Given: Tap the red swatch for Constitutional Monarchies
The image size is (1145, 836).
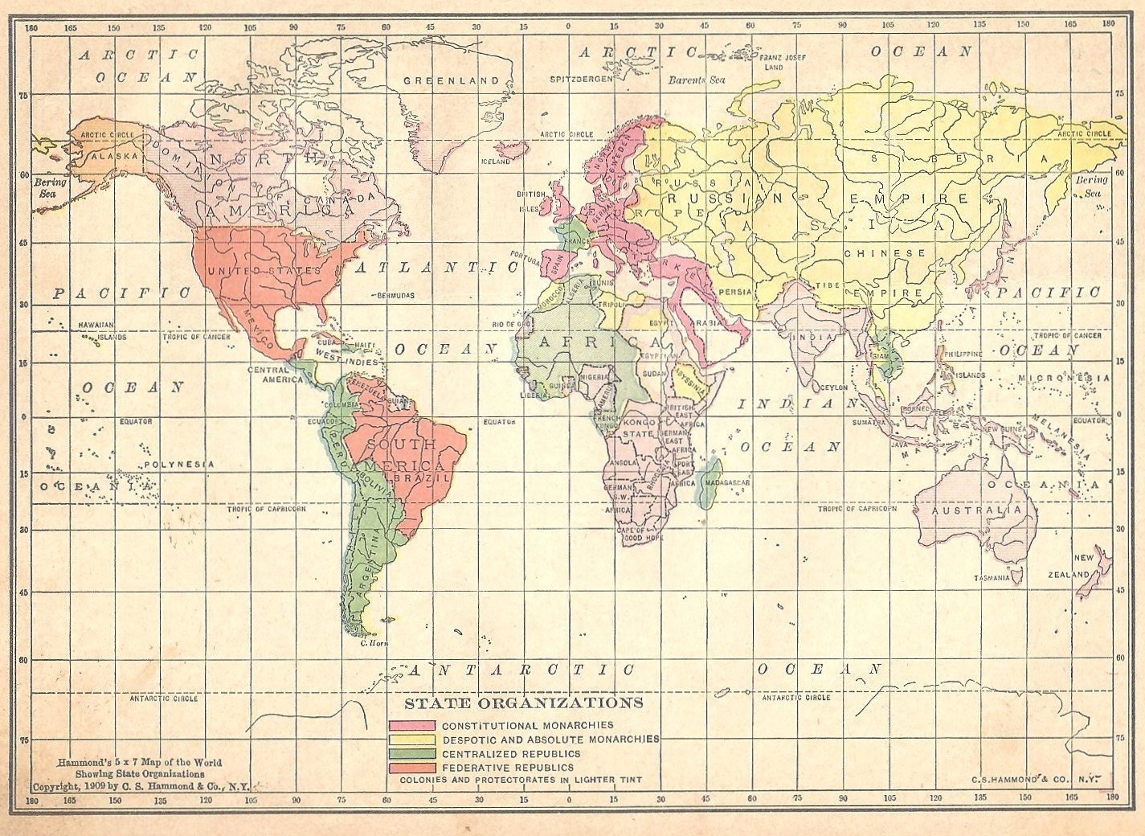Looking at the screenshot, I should click(x=412, y=725).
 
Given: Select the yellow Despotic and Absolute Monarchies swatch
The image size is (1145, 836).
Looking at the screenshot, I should click(x=412, y=739).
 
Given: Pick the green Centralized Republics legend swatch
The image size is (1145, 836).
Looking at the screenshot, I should click(x=412, y=753).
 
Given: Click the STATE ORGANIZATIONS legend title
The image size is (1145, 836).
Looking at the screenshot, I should click(x=523, y=703).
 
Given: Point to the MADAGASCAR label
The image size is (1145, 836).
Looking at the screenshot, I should click(x=726, y=482).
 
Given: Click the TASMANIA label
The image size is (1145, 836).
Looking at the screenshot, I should click(x=987, y=579).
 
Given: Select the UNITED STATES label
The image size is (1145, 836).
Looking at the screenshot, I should click(x=264, y=271).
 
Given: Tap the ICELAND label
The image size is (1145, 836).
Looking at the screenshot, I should click(x=495, y=162).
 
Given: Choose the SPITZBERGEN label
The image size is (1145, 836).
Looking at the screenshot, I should click(x=581, y=80).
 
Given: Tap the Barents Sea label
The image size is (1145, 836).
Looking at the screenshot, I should click(x=697, y=80).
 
